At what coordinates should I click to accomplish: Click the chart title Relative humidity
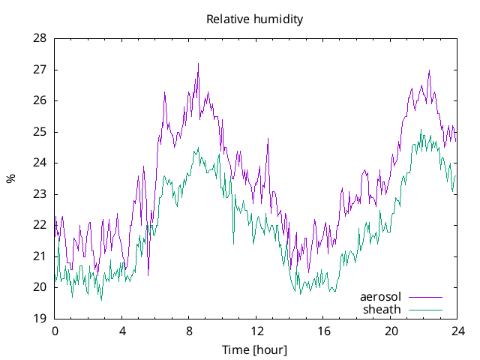254,19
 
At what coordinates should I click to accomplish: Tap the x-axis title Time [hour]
254,350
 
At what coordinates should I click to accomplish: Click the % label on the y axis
10,178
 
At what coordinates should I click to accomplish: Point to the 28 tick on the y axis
40,38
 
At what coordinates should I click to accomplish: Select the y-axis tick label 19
40,318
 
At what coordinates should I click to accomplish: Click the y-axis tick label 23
40,193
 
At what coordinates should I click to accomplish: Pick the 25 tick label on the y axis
40,131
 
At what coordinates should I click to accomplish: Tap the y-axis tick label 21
40,256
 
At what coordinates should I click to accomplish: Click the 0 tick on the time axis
55,331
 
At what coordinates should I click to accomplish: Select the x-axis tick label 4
122,331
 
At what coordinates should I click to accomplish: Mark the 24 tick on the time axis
457,331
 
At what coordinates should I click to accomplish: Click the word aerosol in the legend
381,297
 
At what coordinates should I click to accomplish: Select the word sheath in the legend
382,309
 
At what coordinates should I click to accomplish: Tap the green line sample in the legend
424,309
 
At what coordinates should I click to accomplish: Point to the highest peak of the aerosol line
198,64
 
